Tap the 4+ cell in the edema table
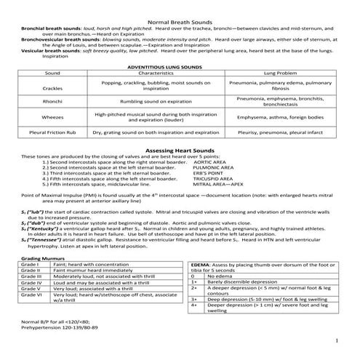195,325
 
